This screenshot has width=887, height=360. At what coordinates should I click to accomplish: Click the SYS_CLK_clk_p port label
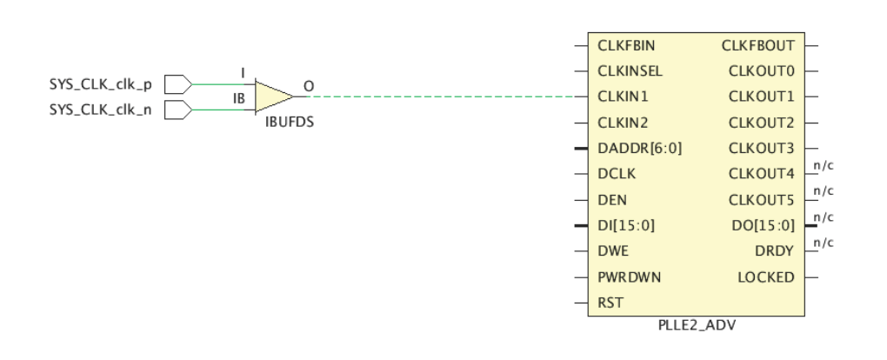coord(101,85)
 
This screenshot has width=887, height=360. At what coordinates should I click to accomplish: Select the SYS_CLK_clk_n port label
coord(101,110)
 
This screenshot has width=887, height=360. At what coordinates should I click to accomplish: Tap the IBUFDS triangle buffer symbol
coord(274,97)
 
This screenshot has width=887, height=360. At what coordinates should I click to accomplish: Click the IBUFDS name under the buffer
coord(290,123)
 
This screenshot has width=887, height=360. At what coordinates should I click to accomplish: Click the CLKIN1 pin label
coord(623,97)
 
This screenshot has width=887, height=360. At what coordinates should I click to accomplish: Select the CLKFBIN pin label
coord(626,45)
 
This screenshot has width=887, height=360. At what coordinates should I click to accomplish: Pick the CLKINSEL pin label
coord(630,71)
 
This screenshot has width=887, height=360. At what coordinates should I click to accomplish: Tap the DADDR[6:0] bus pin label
coord(640,149)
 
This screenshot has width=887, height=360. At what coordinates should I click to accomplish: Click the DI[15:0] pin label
coord(626,226)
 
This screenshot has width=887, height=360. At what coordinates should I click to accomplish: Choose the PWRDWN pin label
coord(629,277)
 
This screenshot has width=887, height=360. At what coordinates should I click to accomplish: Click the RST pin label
coord(610,303)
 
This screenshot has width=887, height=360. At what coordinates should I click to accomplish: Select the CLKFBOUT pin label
coord(758,45)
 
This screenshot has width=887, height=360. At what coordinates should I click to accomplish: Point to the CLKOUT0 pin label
coord(762,71)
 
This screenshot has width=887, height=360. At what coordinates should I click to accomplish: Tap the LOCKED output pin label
coord(766,277)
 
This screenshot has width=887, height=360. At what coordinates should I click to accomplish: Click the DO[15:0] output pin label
coord(764,226)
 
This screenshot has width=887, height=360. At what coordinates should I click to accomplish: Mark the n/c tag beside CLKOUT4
coord(824,166)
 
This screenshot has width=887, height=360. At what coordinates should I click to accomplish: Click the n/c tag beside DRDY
coord(824,243)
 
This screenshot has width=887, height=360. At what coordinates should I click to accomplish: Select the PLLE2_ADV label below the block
coord(697,325)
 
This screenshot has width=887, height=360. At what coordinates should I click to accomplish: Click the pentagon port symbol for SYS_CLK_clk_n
coord(178,110)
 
